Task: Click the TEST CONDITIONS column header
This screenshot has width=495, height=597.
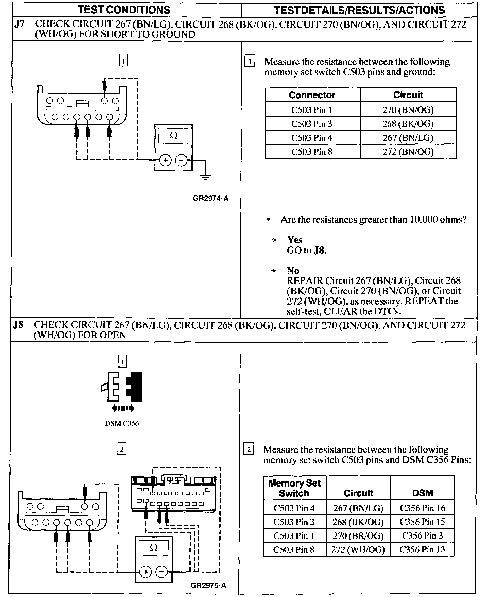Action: coord(124,10)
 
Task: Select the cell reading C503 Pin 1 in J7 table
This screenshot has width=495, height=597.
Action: coord(311,110)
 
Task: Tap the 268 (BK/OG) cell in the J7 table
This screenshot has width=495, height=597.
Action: coord(408,124)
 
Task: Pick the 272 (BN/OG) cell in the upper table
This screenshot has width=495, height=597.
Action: coord(408,152)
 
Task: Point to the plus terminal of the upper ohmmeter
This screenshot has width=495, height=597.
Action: coord(165,160)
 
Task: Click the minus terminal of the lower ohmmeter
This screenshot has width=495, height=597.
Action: coord(161,572)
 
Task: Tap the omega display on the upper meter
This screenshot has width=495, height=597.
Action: coord(173,136)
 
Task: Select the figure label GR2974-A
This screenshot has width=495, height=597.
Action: coord(210,199)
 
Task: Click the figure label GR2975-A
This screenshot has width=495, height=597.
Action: coord(208,585)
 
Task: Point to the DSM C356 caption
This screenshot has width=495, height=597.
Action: coord(122,424)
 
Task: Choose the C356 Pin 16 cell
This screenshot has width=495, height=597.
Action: coord(422,508)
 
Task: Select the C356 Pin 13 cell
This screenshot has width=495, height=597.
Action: coord(422,549)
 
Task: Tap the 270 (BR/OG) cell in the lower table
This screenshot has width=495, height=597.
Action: coord(358,536)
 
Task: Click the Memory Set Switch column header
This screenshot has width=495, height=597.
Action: coord(294,488)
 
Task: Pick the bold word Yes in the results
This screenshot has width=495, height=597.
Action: coord(295,240)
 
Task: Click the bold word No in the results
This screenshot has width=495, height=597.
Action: coord(293,271)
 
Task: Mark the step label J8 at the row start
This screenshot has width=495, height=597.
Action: coord(18,325)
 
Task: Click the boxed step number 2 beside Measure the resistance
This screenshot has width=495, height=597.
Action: coord(249,450)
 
